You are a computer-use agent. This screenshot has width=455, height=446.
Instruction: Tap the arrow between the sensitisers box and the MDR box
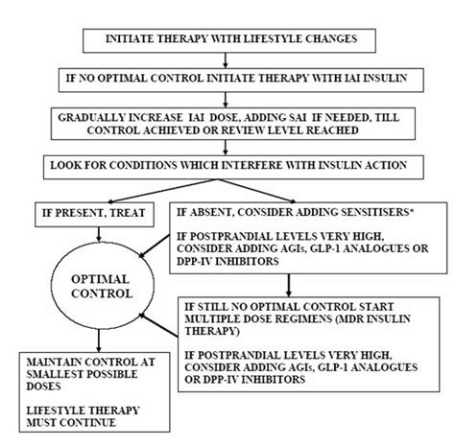[x=288, y=285]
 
